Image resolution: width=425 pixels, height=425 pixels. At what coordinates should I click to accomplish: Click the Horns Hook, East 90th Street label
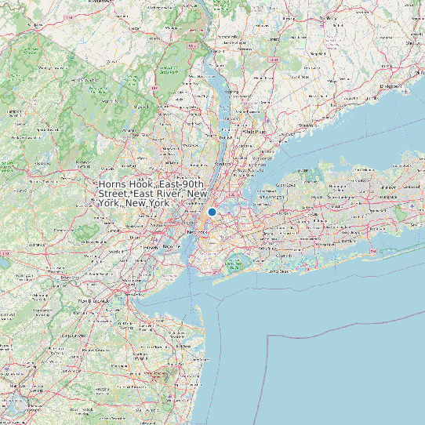click(153, 193)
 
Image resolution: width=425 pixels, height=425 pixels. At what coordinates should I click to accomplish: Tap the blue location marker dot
click(212, 212)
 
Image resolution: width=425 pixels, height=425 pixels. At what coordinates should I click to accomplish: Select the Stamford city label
click(307, 125)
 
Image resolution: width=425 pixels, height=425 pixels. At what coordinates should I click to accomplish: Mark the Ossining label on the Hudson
click(231, 92)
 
